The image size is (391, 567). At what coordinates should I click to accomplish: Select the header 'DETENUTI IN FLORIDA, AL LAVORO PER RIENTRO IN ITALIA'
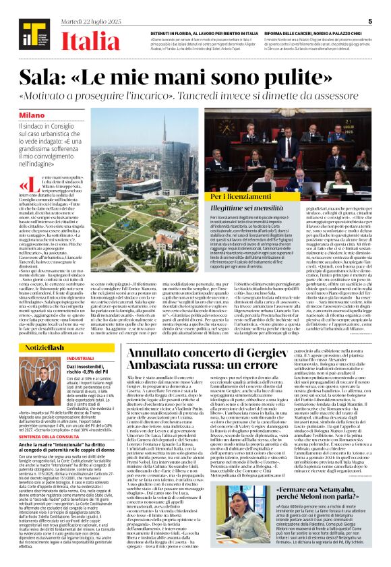(x=200, y=32)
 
